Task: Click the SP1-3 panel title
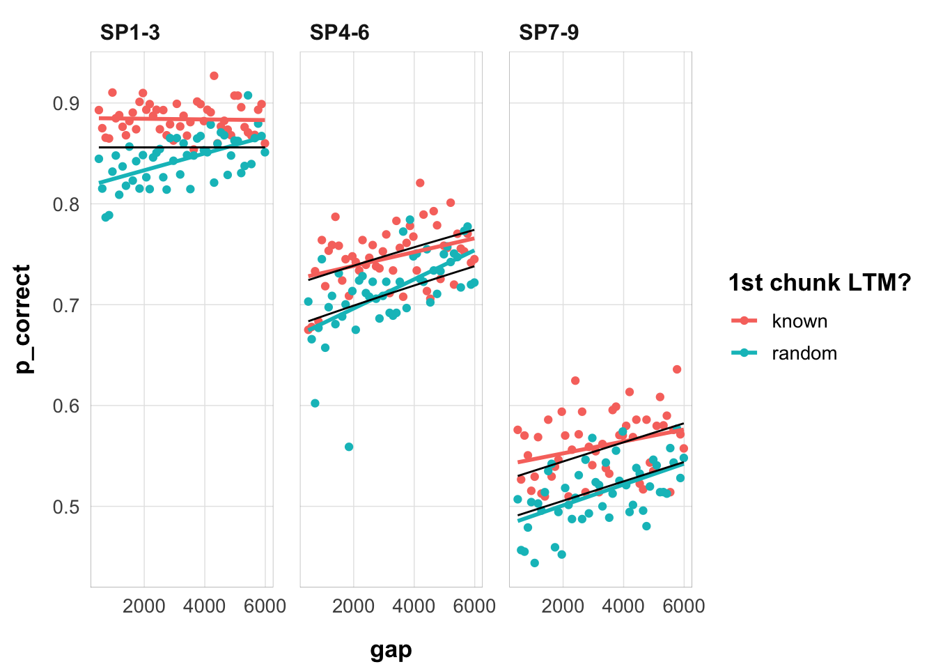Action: pyautogui.click(x=130, y=33)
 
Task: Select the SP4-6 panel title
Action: pyautogui.click(x=340, y=33)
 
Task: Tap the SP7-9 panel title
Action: pyautogui.click(x=549, y=33)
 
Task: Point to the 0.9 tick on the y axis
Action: pyautogui.click(x=66, y=104)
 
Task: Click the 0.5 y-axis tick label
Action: pyautogui.click(x=66, y=507)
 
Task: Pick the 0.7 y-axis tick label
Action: pyautogui.click(x=66, y=305)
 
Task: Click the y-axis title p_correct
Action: pyautogui.click(x=24, y=319)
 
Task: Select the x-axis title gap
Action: pyautogui.click(x=391, y=650)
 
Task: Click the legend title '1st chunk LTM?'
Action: pyautogui.click(x=820, y=283)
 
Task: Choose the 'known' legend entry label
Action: pyautogui.click(x=799, y=321)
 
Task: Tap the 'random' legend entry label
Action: pyautogui.click(x=804, y=353)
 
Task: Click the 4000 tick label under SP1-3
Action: pyautogui.click(x=205, y=606)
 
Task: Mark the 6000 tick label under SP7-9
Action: pyautogui.click(x=683, y=606)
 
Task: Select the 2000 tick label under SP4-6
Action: pyautogui.click(x=354, y=606)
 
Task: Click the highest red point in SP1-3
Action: pyautogui.click(x=214, y=76)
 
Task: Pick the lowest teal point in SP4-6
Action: pyautogui.click(x=349, y=447)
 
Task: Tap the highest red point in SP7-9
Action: pyautogui.click(x=677, y=369)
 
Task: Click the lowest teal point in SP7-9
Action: pyautogui.click(x=534, y=563)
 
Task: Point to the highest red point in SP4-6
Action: pyautogui.click(x=420, y=183)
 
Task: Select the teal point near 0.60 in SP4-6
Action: pyautogui.click(x=315, y=403)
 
